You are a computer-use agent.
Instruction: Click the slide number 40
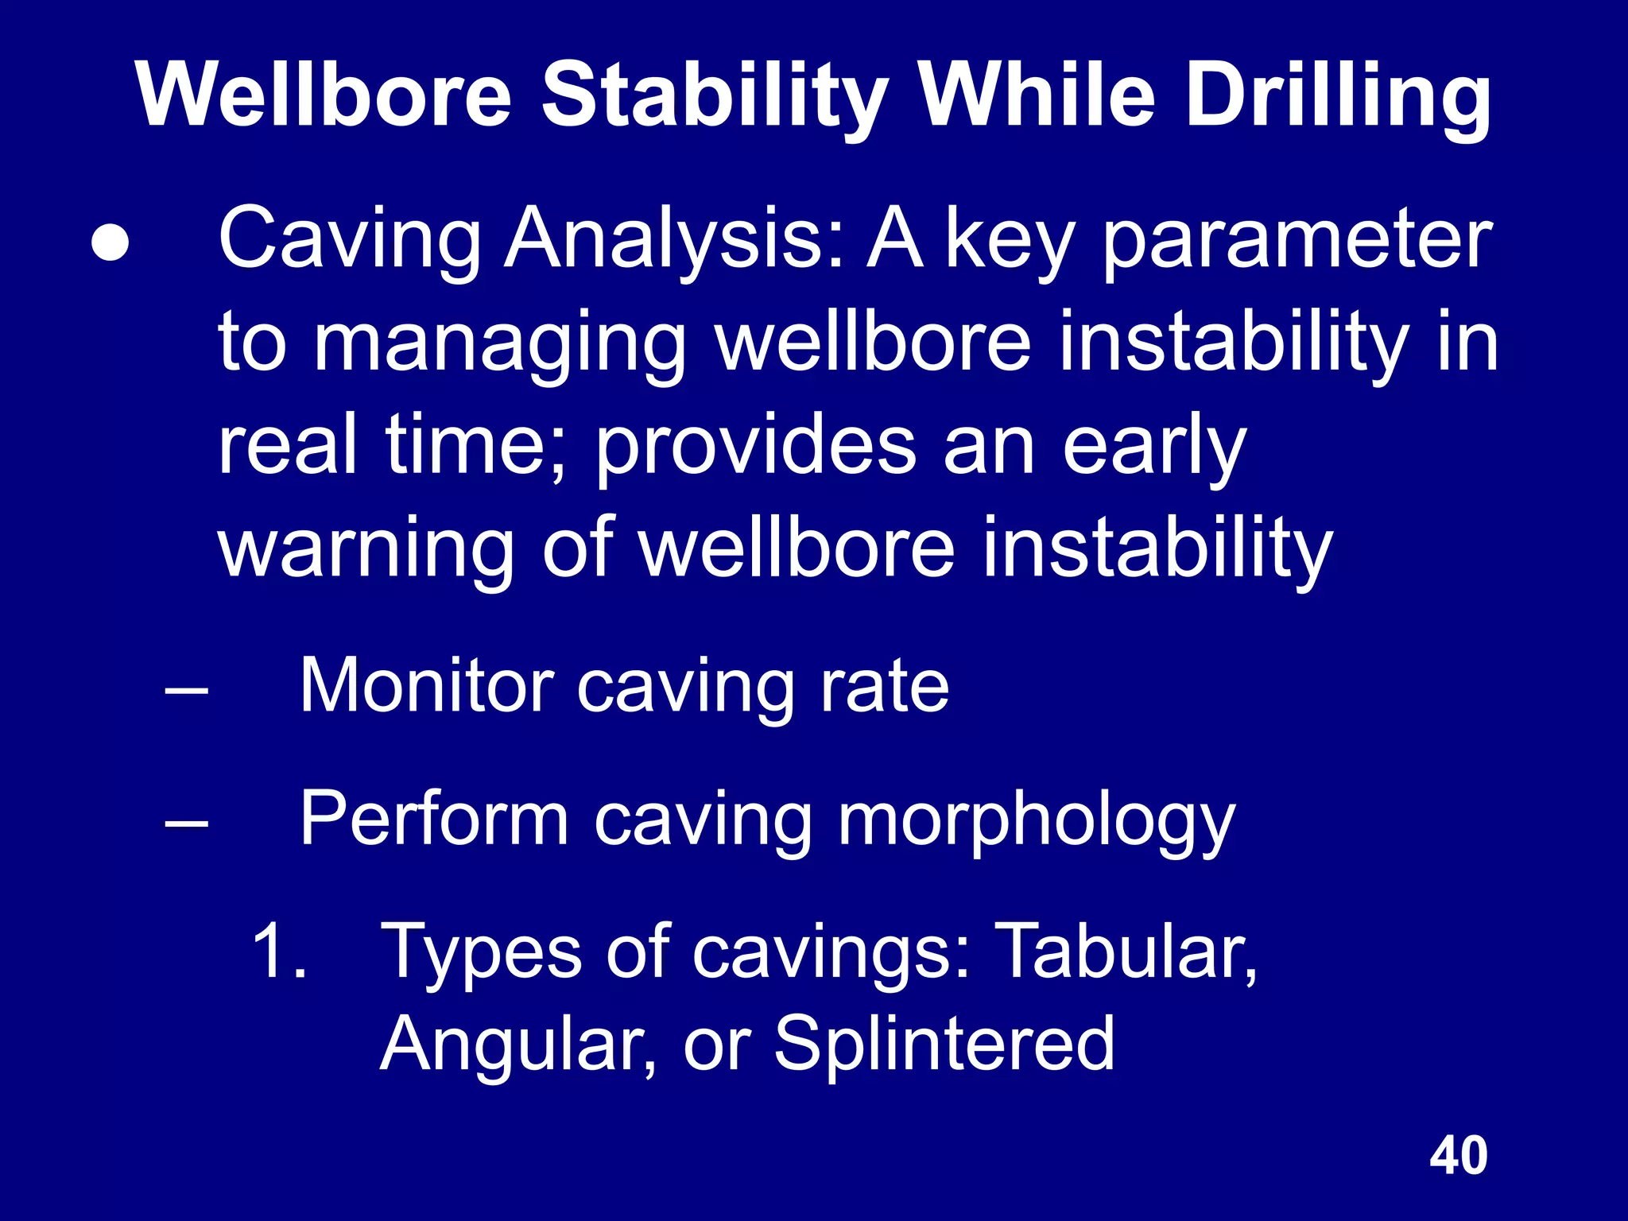coord(1458,1156)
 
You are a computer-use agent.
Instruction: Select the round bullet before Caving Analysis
coord(109,243)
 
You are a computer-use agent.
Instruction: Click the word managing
coord(500,344)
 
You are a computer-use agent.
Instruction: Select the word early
coord(1153,447)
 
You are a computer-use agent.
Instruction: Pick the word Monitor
coord(426,685)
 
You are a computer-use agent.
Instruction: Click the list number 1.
coord(279,950)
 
